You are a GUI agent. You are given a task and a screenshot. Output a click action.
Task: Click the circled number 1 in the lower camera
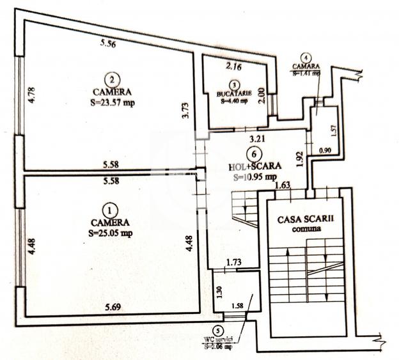(x=110, y=209)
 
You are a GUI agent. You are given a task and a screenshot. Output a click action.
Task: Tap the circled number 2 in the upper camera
(x=113, y=80)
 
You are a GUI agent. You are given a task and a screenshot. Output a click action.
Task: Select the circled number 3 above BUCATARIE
(x=235, y=84)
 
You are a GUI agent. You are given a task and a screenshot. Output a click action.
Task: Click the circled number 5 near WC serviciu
(x=221, y=331)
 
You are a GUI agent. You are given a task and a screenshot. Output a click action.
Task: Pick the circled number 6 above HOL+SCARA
(x=254, y=154)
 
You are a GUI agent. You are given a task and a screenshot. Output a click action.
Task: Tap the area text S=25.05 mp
(x=111, y=233)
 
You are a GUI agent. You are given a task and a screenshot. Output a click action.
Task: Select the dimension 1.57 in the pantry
(x=332, y=130)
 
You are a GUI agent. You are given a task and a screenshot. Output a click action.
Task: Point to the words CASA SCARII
(x=305, y=219)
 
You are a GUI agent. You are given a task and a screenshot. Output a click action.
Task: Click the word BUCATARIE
(x=234, y=93)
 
